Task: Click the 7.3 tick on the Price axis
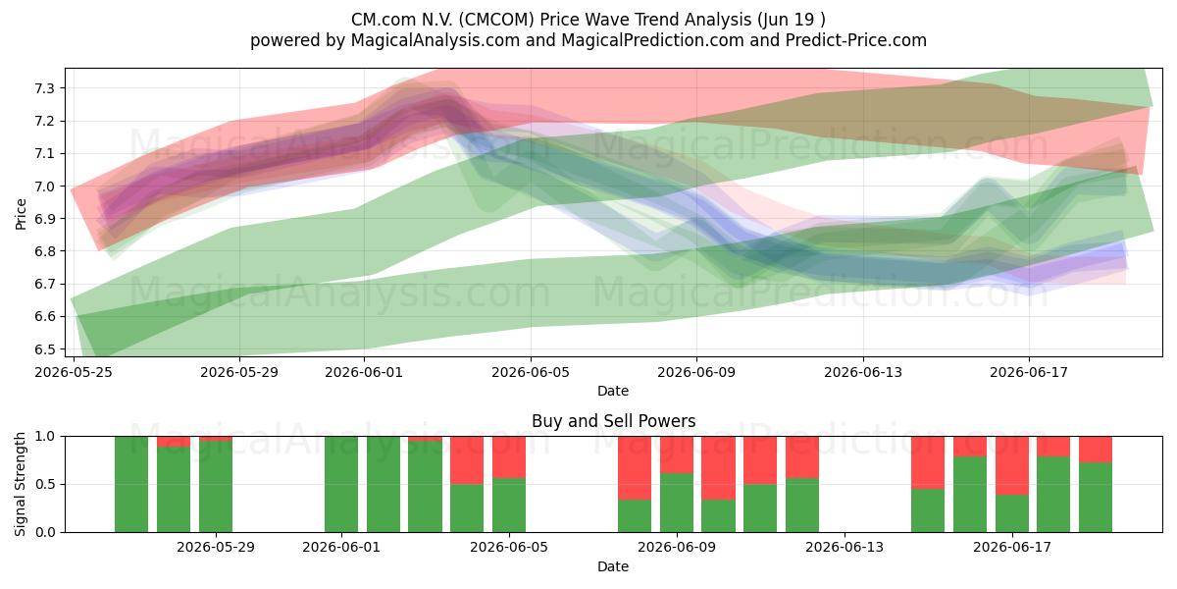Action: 45,88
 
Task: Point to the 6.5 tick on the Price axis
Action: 45,349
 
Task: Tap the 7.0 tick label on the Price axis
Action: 45,187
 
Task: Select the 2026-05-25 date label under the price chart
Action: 74,372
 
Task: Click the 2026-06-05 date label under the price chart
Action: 531,372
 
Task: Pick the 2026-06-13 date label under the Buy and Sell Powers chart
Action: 844,547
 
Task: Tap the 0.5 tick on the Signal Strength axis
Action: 45,484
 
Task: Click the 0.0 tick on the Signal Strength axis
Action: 45,532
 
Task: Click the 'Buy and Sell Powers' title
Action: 613,421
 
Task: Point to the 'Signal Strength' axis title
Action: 20,484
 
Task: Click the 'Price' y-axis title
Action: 21,214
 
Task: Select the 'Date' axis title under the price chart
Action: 613,391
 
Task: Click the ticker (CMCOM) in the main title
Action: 496,20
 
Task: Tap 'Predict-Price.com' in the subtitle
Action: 856,40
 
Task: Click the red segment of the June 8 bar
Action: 635,468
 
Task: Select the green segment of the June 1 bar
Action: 341,484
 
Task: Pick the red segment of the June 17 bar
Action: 1012,465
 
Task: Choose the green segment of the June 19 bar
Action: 1096,498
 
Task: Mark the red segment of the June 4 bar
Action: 467,460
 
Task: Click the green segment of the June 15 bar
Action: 928,510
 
